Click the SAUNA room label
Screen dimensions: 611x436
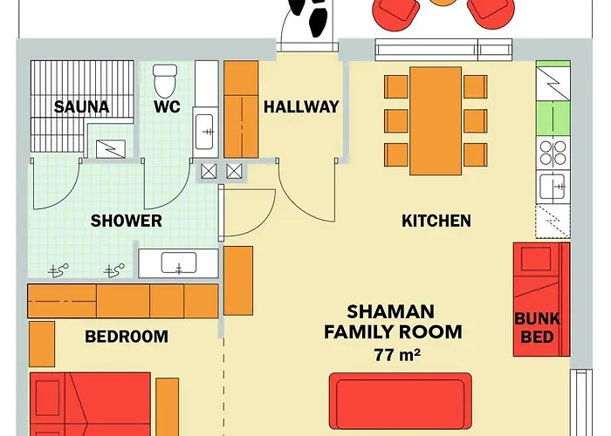pyautogui.click(x=81, y=106)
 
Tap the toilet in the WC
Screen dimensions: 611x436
pyautogui.click(x=165, y=81)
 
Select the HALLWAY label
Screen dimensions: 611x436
pyautogui.click(x=301, y=106)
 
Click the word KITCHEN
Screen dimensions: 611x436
pyautogui.click(x=436, y=221)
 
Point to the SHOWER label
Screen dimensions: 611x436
pyautogui.click(x=127, y=221)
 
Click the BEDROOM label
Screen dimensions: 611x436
pyautogui.click(x=127, y=337)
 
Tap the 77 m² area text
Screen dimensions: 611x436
pyautogui.click(x=397, y=355)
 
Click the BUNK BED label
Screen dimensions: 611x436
pyautogui.click(x=537, y=328)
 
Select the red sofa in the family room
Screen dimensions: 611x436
pyautogui.click(x=401, y=401)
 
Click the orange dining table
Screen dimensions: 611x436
pyautogui.click(x=436, y=121)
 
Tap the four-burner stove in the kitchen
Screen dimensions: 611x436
pyautogui.click(x=553, y=153)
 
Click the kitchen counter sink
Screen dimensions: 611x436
pyautogui.click(x=553, y=187)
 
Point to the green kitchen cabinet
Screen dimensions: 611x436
pyautogui.click(x=553, y=119)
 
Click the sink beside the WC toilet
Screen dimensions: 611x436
pyautogui.click(x=205, y=132)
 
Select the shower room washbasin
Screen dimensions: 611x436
pyautogui.click(x=178, y=263)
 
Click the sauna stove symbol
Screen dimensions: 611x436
pyautogui.click(x=111, y=149)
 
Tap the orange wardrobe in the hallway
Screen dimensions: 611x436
pyautogui.click(x=241, y=109)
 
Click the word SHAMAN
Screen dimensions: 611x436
pyautogui.click(x=390, y=312)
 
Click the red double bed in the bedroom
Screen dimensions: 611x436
pyautogui.click(x=90, y=404)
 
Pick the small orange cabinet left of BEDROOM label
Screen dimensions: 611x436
pyautogui.click(x=42, y=344)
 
